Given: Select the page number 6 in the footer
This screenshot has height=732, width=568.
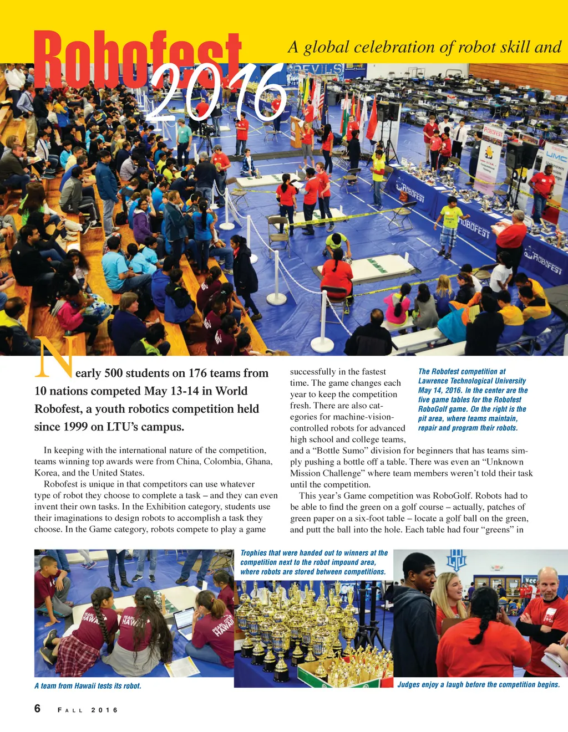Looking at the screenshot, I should click(x=38, y=709).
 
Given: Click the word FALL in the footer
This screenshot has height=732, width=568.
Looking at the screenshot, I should click(x=70, y=710).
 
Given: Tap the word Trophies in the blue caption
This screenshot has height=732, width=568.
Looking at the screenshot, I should click(x=253, y=553).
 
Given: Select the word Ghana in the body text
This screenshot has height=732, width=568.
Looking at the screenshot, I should click(x=258, y=462).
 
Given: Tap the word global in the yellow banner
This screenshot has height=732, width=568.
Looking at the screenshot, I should click(x=326, y=47).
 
